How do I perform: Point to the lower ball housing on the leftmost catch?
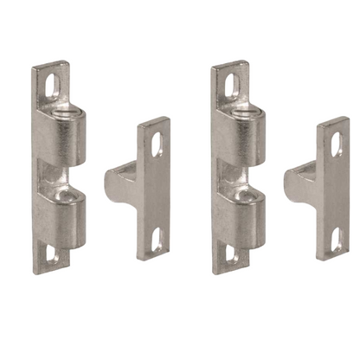tap(69, 216)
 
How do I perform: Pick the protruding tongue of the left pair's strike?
tap(119, 184)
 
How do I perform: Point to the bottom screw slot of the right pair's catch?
tap(230, 254)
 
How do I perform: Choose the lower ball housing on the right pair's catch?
tap(248, 216)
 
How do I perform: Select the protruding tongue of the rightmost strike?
tap(299, 184)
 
